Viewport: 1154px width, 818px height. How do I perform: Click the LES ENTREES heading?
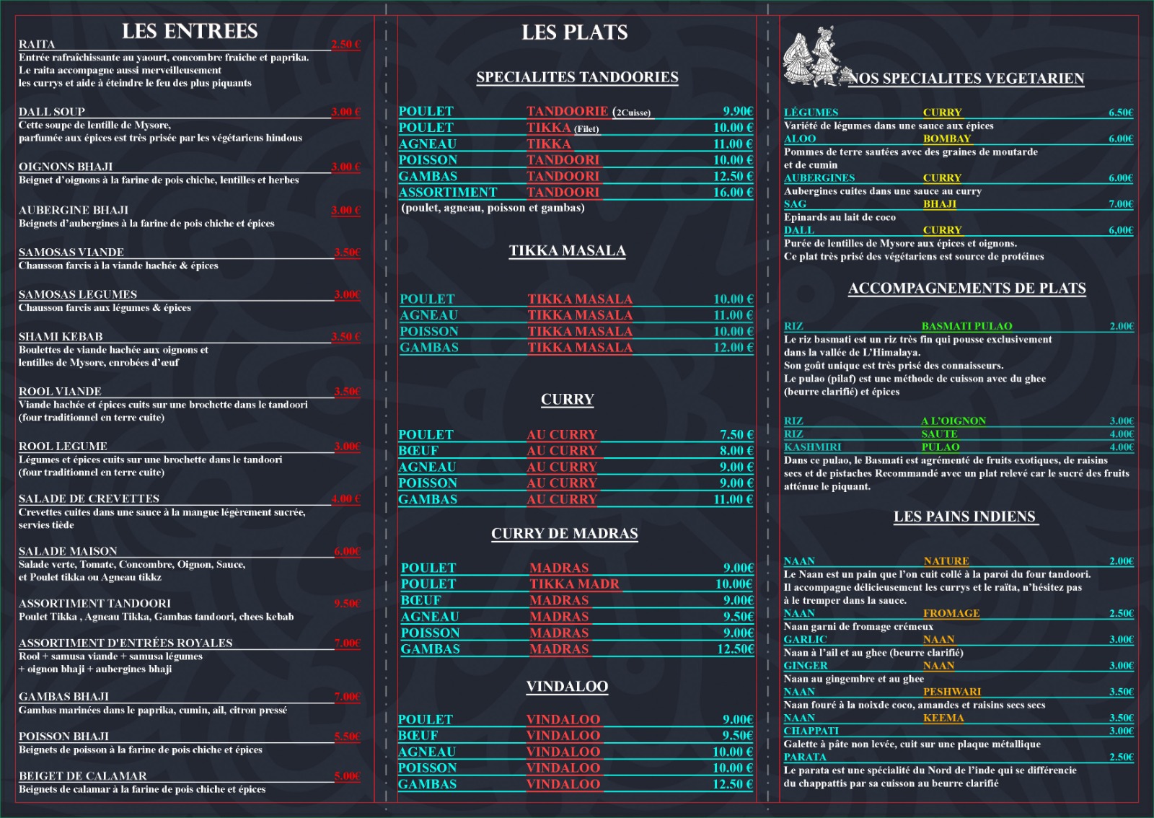click(190, 31)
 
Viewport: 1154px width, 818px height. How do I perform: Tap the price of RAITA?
click(345, 44)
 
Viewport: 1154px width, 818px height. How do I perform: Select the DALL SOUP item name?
click(52, 112)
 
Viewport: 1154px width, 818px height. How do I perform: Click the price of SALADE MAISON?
click(347, 551)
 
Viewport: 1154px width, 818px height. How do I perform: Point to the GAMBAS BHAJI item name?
click(63, 697)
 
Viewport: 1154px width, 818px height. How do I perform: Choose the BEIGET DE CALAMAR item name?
click(82, 776)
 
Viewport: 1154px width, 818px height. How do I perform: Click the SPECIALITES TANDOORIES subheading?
click(577, 77)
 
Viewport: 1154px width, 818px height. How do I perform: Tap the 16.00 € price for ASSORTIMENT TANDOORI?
click(733, 193)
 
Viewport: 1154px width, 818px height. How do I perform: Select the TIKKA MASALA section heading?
click(567, 251)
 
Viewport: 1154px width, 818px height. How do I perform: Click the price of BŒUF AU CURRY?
click(736, 451)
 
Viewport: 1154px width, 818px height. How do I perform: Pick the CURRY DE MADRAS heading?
click(565, 534)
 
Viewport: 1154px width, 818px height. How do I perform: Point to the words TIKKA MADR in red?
click(574, 584)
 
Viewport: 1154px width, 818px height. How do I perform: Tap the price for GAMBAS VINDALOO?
click(733, 784)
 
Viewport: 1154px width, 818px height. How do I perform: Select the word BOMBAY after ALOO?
click(947, 138)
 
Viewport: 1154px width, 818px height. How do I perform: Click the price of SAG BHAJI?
click(1121, 204)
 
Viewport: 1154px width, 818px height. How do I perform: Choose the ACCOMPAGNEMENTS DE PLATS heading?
click(966, 289)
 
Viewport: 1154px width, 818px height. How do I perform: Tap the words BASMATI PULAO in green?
click(966, 326)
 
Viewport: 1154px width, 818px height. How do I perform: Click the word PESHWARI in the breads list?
click(952, 692)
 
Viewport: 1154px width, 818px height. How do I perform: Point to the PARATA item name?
click(805, 757)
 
